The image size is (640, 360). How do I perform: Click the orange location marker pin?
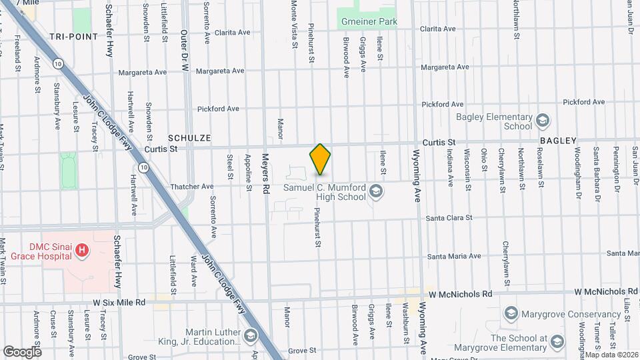(x=320, y=159)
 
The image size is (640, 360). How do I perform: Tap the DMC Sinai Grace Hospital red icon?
(x=81, y=251)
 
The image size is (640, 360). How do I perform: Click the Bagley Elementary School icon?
(x=542, y=121)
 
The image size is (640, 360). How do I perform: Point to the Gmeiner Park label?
(x=369, y=22)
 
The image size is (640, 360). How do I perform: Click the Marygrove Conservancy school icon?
(x=511, y=313)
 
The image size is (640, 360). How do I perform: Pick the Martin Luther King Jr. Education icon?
(x=251, y=335)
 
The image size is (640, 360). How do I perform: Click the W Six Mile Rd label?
(x=119, y=302)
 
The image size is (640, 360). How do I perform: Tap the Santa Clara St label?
(x=449, y=218)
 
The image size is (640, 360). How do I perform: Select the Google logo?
(x=22, y=351)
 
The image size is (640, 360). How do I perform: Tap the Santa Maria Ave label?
(x=453, y=256)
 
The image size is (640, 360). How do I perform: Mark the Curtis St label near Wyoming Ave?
(x=439, y=142)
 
